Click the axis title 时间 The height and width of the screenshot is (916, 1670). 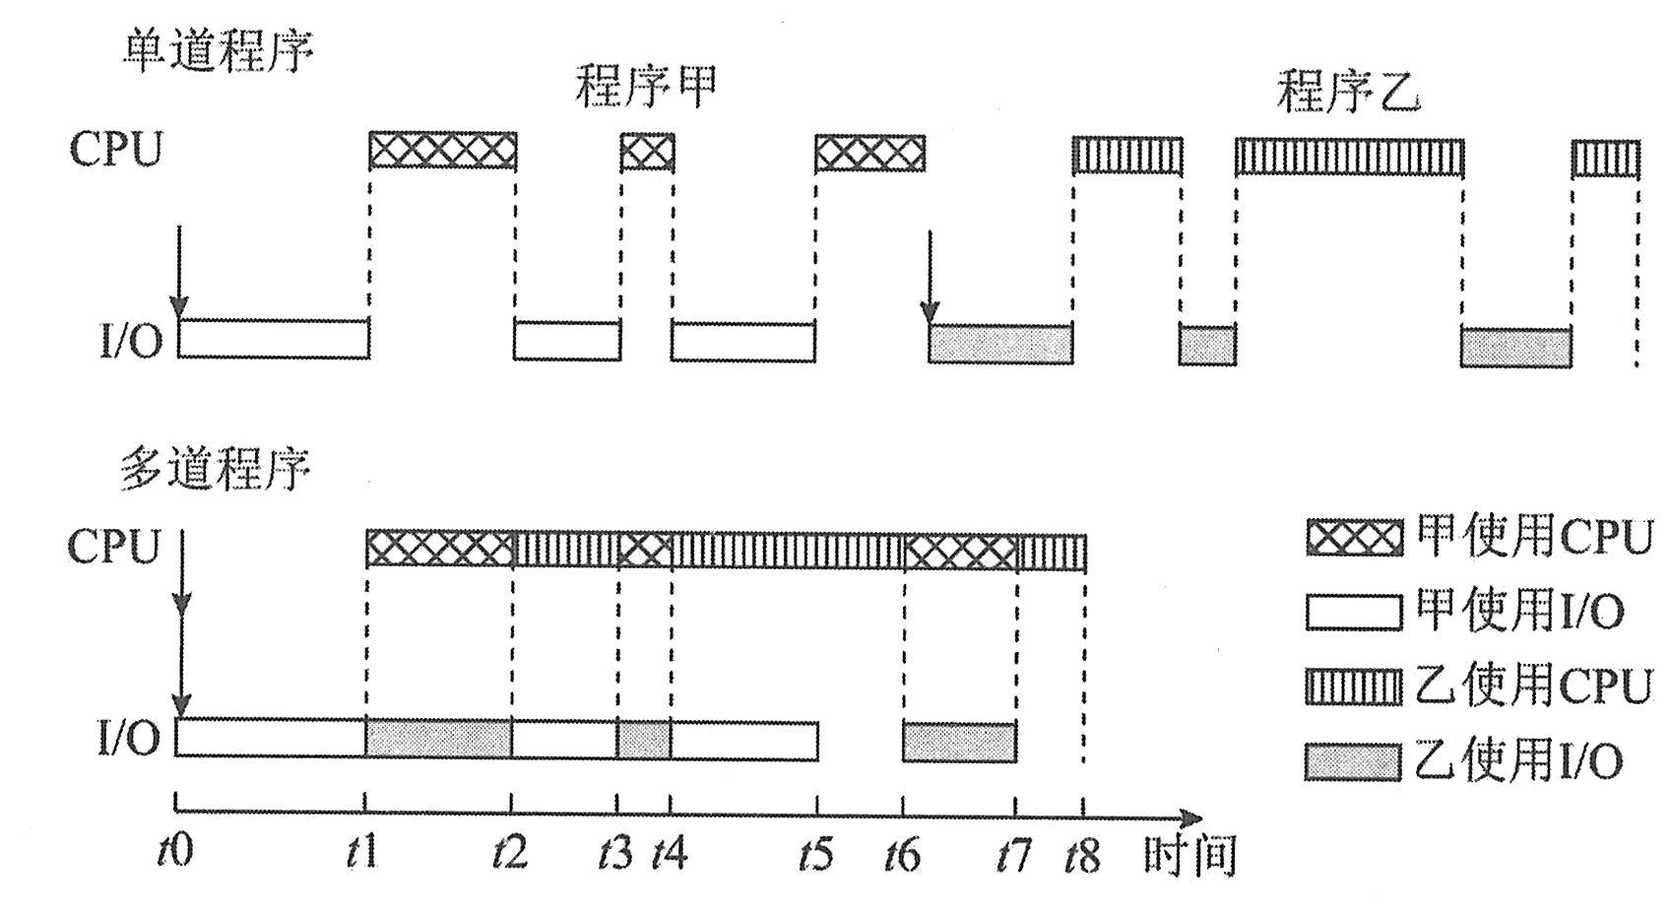[x=1189, y=854]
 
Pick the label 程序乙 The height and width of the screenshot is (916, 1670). [x=1348, y=91]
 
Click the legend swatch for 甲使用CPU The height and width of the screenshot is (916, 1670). [x=1354, y=538]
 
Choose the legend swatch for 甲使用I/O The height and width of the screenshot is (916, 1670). [x=1354, y=612]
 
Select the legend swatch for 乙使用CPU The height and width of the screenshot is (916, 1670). [x=1354, y=686]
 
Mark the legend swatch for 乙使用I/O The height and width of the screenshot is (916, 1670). [x=1354, y=761]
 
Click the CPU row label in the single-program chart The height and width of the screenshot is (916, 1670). [x=115, y=150]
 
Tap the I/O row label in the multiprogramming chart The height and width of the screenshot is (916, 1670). [x=129, y=738]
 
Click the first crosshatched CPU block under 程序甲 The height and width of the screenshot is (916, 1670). [x=442, y=151]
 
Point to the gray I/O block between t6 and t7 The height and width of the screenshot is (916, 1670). [x=959, y=742]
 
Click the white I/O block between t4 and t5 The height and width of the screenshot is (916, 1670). [x=743, y=740]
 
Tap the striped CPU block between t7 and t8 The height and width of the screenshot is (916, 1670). [x=1051, y=552]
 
